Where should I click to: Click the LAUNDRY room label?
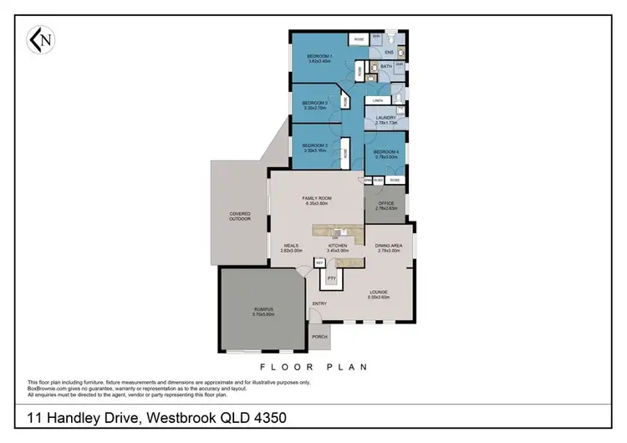(x=385, y=118)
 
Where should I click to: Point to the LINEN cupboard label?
(x=377, y=100)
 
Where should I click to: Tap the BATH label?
(x=385, y=65)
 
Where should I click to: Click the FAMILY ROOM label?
(x=315, y=198)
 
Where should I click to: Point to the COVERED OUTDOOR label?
(x=240, y=216)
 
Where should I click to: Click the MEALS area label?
(x=291, y=246)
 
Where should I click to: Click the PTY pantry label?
(x=332, y=278)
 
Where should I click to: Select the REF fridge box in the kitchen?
(x=319, y=262)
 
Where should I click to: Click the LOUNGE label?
(x=380, y=293)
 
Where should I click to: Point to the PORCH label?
(x=319, y=336)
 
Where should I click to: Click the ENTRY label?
(x=319, y=303)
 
